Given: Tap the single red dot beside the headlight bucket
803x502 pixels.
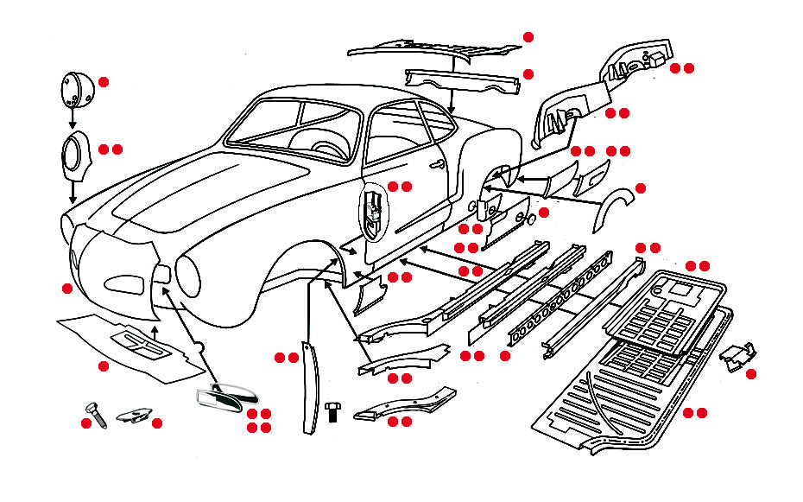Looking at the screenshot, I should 104,82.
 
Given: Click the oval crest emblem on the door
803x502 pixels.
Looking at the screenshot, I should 373,213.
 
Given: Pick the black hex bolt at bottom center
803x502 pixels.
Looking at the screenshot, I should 333,411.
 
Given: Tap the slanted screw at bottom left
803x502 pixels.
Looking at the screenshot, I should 94,416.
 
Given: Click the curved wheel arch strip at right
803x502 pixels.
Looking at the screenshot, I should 614,210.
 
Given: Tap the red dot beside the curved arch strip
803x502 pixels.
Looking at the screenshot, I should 640,187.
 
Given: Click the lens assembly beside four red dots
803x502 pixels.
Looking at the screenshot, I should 227,397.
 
